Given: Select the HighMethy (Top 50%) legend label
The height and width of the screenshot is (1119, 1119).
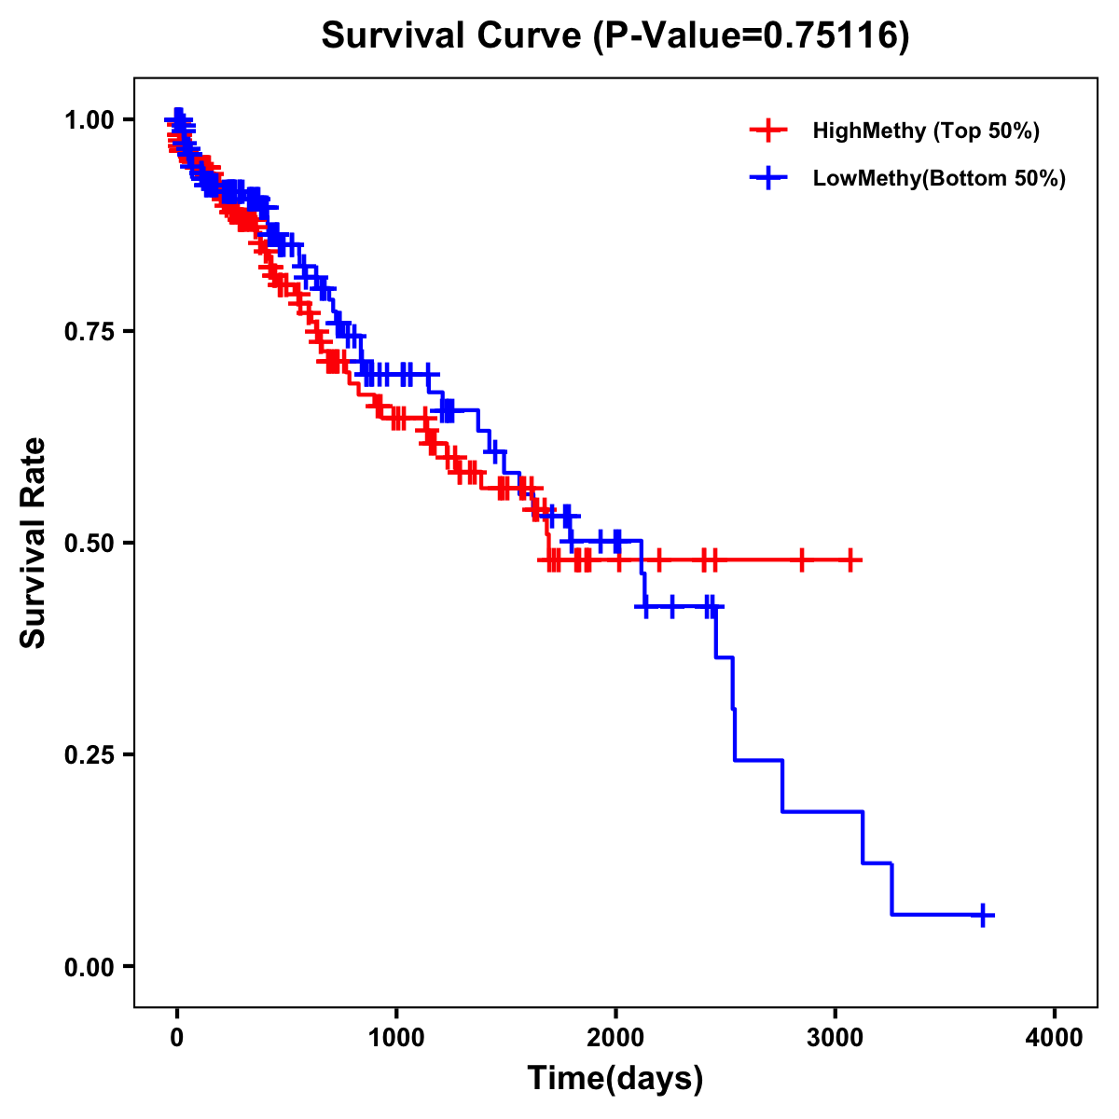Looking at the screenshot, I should (925, 131).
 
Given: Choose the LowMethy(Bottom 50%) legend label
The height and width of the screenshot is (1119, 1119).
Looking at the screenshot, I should (939, 178).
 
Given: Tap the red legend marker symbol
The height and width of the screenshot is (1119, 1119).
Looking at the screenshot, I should (768, 131).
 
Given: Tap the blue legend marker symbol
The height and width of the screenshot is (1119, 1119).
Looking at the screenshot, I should (768, 178).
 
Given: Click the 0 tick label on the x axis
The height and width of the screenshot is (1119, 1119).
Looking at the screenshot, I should (177, 1038).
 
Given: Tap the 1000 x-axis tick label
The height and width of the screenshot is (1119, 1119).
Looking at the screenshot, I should (396, 1038).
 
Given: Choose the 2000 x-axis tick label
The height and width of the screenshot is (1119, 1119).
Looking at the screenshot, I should (615, 1038).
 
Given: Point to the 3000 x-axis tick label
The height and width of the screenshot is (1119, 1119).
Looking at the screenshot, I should (836, 1038).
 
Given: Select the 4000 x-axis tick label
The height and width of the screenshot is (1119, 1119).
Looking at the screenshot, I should (1055, 1038).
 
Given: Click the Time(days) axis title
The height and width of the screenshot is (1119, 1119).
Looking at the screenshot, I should (615, 1079).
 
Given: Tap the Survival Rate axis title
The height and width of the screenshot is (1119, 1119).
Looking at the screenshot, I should (34, 543).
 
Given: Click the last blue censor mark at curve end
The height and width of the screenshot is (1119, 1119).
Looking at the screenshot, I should (982, 915).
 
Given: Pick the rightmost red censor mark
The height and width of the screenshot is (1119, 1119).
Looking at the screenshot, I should (850, 560).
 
